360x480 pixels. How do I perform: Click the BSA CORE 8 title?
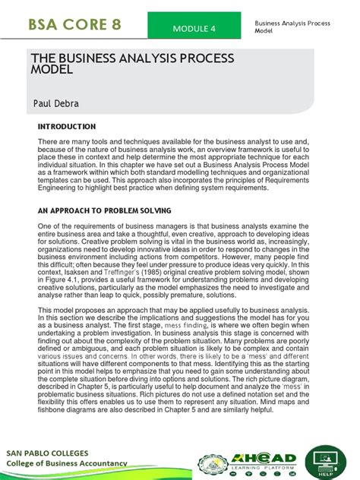[x=75, y=24]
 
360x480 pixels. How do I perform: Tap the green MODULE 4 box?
[x=194, y=28]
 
